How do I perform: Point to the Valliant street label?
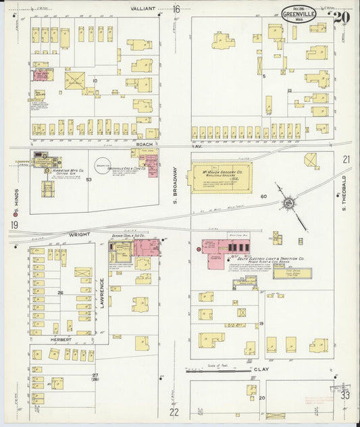pyautogui.click(x=143, y=9)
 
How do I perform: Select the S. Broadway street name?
pyautogui.click(x=174, y=182)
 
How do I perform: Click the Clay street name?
pyautogui.click(x=261, y=370)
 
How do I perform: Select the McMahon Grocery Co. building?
pyautogui.click(x=222, y=177)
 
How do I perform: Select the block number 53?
pyautogui.click(x=88, y=180)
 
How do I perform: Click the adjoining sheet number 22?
pyautogui.click(x=174, y=411)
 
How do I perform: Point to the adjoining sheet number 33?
pyautogui.click(x=345, y=395)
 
